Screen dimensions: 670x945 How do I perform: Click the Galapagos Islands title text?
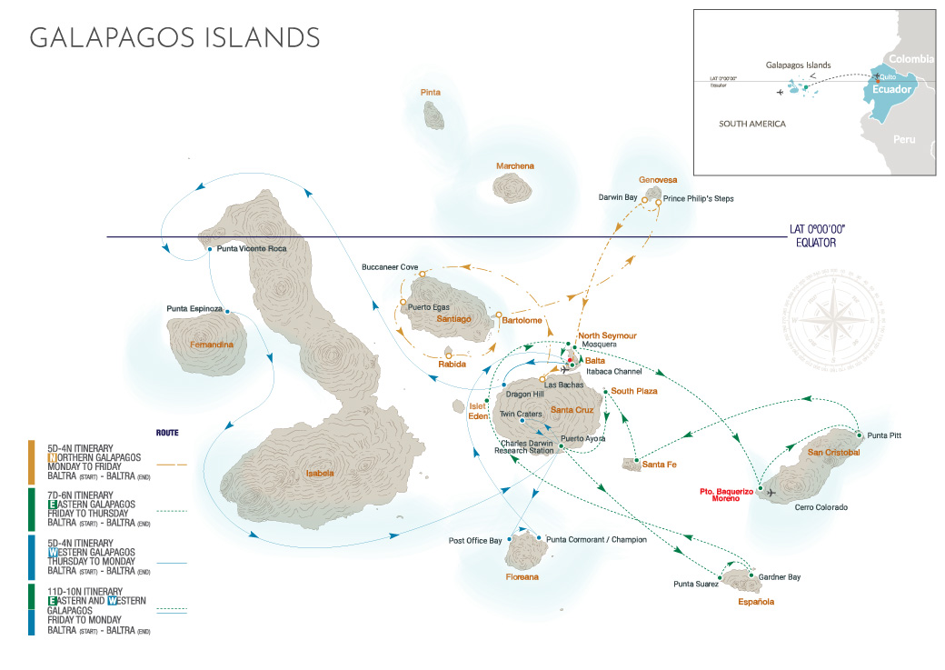pyautogui.click(x=174, y=37)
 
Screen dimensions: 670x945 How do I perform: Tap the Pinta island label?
pyautogui.click(x=431, y=93)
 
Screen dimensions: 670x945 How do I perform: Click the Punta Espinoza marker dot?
pyautogui.click(x=227, y=309)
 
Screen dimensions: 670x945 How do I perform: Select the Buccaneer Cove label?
pyautogui.click(x=390, y=267)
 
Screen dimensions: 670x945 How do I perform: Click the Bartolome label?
pyautogui.click(x=522, y=320)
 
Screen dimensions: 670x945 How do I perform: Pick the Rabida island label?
pyautogui.click(x=452, y=365)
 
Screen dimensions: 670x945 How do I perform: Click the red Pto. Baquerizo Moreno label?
pyautogui.click(x=726, y=495)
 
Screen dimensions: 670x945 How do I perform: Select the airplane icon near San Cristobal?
pyautogui.click(x=771, y=493)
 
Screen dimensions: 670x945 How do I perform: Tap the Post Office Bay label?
pyautogui.click(x=475, y=541)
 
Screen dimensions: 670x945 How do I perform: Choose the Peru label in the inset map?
pyautogui.click(x=904, y=140)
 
